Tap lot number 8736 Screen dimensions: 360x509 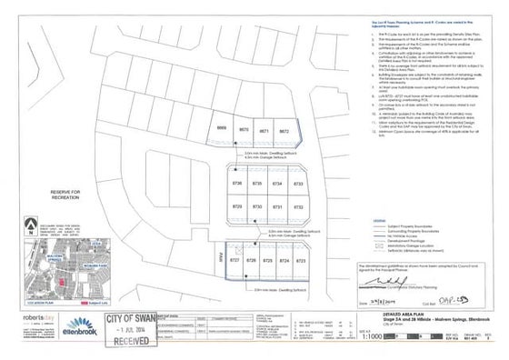point(237,184)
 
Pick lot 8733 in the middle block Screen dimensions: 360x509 point(299,184)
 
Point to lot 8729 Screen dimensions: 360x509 point(237,207)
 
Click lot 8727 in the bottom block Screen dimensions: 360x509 point(235,261)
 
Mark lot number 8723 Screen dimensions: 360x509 point(301,261)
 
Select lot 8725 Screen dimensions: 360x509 point(268,261)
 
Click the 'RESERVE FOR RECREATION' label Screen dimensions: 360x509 point(66,195)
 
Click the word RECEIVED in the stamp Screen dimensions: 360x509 point(131,345)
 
